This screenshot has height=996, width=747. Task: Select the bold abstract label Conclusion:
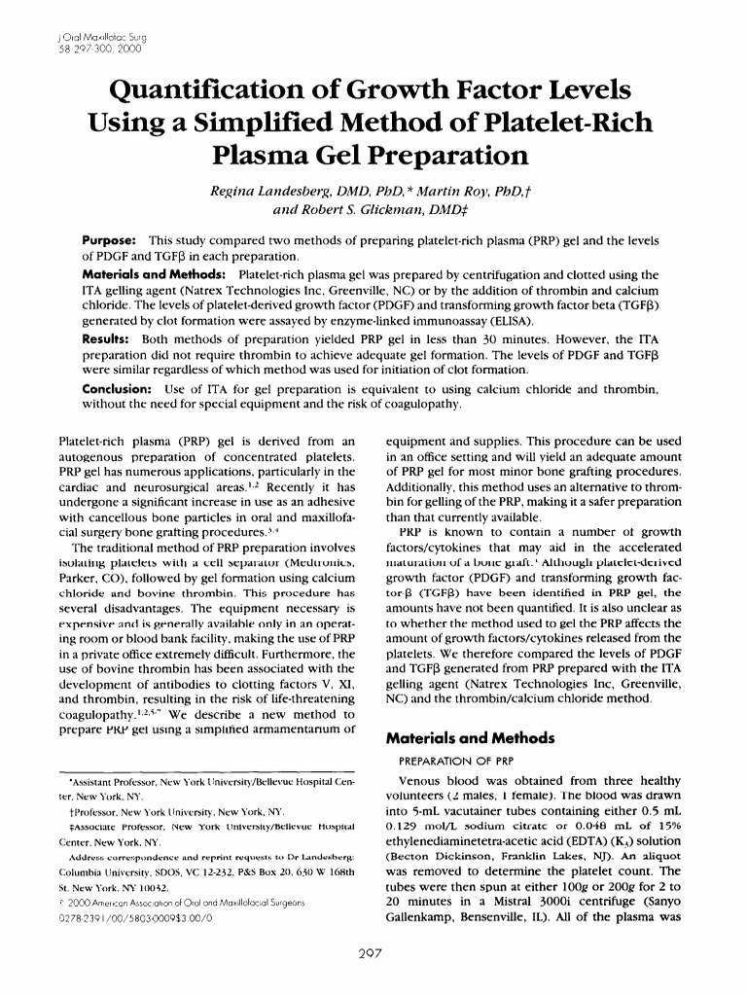(117, 389)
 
